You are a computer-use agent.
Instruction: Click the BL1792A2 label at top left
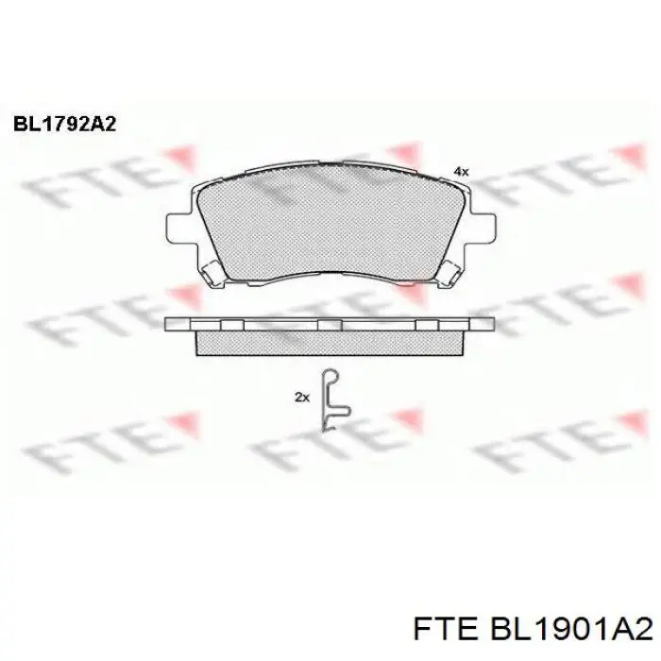click(x=63, y=124)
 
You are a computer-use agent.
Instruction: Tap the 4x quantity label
click(x=461, y=171)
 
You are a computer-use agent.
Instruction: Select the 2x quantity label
click(x=302, y=398)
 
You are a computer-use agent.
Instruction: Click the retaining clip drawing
click(x=332, y=400)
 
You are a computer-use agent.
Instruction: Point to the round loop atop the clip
click(x=330, y=375)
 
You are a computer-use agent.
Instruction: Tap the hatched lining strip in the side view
click(x=330, y=342)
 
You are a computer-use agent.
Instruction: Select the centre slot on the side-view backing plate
click(x=329, y=324)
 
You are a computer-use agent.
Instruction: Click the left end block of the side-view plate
click(x=177, y=324)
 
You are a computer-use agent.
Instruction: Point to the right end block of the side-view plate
click(x=482, y=324)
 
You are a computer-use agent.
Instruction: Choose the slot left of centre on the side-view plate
click(x=231, y=324)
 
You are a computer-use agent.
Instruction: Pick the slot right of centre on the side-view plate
click(x=427, y=324)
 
